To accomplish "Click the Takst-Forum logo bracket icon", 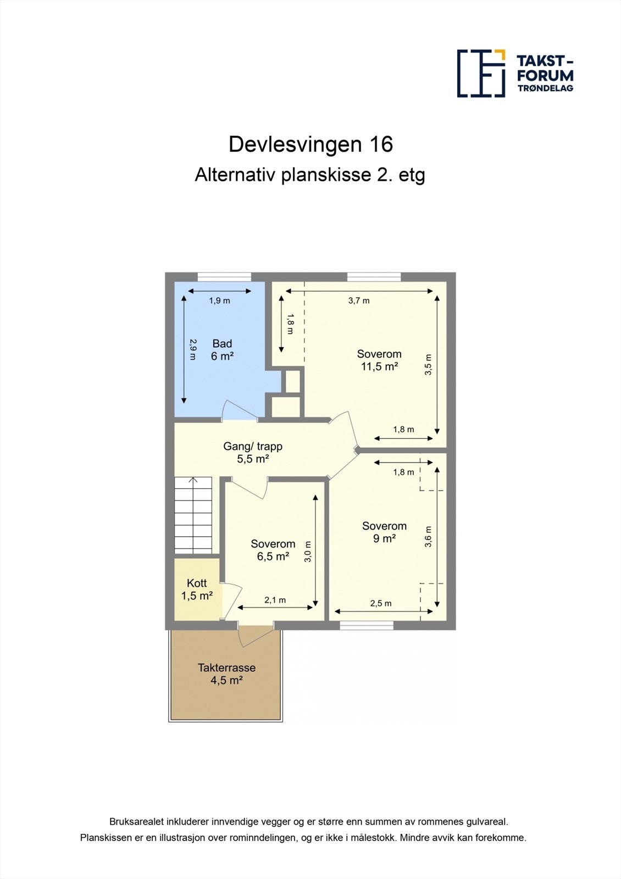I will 481,73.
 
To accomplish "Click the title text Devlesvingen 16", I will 311,144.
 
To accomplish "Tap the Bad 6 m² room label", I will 222,350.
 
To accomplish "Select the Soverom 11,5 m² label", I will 379,360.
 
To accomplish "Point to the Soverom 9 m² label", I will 384,532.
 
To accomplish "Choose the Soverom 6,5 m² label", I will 273,550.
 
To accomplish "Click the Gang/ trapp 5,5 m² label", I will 253,453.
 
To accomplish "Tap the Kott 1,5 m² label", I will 197,589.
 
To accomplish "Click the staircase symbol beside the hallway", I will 193,515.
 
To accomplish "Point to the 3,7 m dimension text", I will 359,301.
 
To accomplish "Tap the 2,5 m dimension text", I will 381,603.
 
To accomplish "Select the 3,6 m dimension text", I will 429,537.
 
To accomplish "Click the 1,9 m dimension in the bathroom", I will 219,301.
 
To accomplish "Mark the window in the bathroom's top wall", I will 224,277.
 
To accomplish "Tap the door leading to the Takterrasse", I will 256,636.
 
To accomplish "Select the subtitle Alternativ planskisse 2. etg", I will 310,175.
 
